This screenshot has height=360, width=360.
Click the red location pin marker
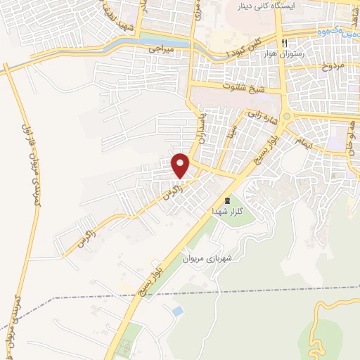point(181,165)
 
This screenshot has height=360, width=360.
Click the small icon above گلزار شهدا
point(227,199)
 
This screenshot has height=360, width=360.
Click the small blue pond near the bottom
point(178,311)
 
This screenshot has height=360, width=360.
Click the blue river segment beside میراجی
point(181,43)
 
